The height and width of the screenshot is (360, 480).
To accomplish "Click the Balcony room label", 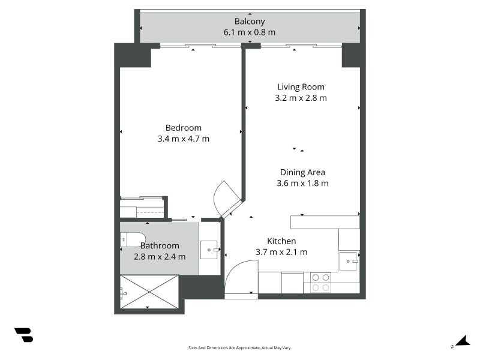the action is [250, 22].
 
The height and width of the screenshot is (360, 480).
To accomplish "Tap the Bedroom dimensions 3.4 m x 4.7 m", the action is [184, 139].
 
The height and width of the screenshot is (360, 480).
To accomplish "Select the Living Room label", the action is [301, 87].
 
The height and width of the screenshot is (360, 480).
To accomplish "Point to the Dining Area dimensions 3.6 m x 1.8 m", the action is [302, 183].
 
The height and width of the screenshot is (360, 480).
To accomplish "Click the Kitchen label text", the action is [281, 241].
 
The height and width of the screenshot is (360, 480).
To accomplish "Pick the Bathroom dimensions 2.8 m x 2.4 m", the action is [160, 257].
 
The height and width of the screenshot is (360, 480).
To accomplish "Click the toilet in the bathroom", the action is [133, 239].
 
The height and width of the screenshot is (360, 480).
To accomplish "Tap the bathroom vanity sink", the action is [209, 250].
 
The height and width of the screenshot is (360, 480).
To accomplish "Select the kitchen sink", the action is [349, 261].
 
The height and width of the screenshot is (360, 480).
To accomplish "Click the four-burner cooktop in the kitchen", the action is [320, 282].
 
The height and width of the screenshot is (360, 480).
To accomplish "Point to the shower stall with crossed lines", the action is [149, 292].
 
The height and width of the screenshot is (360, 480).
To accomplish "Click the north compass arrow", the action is [463, 341].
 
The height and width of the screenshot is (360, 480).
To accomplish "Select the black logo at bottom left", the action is [24, 335].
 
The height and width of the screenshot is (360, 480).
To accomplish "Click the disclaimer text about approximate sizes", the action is [239, 348].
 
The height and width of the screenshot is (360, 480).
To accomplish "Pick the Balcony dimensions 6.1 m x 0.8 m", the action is [250, 32].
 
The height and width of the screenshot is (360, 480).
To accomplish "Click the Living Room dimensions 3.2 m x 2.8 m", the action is [301, 98].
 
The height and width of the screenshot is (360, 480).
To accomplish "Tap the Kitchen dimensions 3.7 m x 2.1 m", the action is [281, 252].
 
